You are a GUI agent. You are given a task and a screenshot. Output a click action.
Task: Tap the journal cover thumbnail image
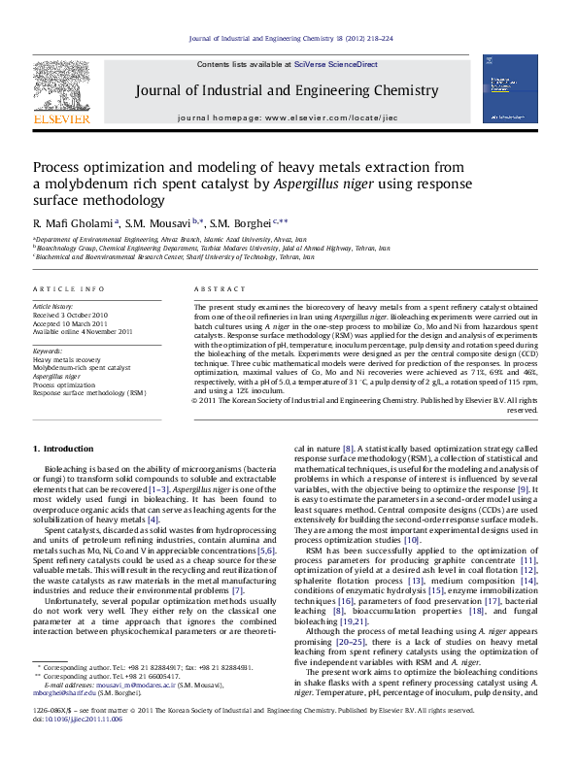tap(510, 88)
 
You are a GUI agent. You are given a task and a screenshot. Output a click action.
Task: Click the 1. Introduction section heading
tap(64, 449)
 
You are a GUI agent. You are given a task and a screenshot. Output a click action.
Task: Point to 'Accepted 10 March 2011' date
tap(70, 323)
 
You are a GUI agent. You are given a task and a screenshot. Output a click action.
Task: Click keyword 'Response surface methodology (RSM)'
tap(89, 393)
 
